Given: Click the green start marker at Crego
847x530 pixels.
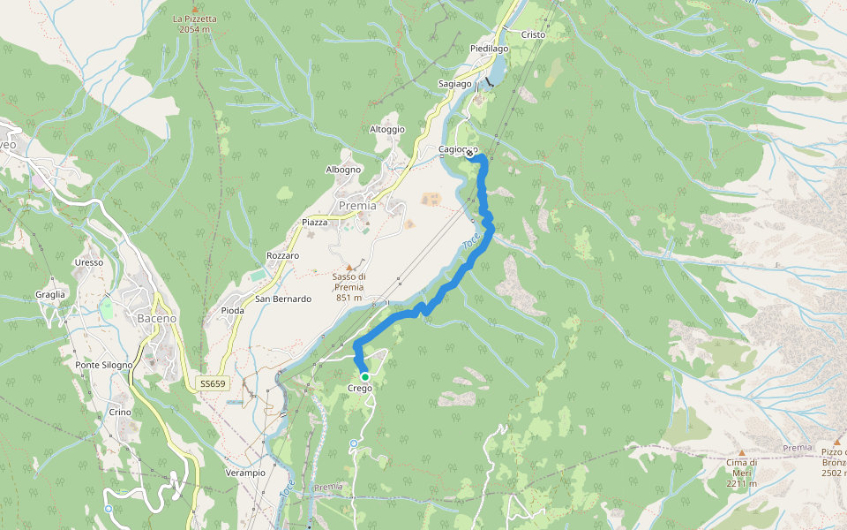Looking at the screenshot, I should tap(364, 377).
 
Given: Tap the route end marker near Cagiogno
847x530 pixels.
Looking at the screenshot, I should tap(469, 154).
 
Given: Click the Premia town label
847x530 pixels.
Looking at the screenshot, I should tap(357, 206).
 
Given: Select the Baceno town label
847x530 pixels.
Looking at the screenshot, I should tap(157, 318).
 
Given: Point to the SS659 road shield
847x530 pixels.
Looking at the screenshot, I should tap(212, 383).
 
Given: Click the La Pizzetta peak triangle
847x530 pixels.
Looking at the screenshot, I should tap(195, 9).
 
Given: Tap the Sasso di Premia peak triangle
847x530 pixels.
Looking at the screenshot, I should tap(349, 267).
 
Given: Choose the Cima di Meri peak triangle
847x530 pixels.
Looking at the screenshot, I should tap(741, 452).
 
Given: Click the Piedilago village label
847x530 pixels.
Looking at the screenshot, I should tap(491, 49).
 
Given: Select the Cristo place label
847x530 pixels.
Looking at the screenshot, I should tap(533, 34).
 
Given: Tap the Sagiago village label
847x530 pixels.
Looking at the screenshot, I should tap(455, 83).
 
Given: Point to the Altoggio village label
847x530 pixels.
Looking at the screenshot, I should tap(387, 129).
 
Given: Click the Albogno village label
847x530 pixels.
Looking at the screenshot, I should tap(343, 170).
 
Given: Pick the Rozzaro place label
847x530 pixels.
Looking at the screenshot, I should tap(282, 255).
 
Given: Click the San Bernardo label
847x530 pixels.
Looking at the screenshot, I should tap(283, 299).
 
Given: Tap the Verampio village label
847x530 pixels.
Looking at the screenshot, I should tap(245, 473).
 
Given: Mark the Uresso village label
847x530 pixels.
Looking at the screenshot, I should tap(89, 262).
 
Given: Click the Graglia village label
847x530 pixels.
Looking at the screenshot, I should tap(50, 294).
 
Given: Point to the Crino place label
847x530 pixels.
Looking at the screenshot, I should tap(120, 413).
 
